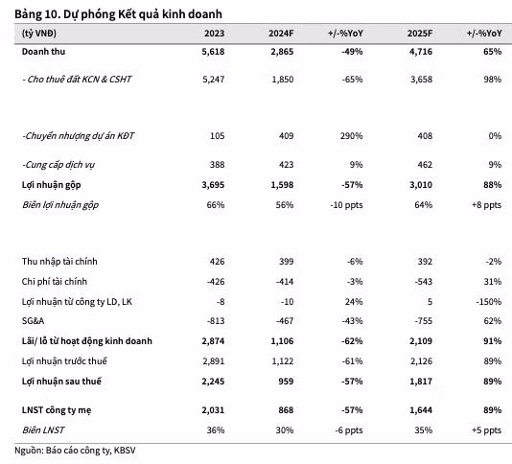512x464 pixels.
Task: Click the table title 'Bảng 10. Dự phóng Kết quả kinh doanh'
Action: pos(118,14)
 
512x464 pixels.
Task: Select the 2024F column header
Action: pos(281,34)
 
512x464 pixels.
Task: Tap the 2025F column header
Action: pos(420,34)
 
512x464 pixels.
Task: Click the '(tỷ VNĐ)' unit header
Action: pos(39,34)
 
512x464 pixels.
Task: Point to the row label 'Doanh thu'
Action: pos(43,52)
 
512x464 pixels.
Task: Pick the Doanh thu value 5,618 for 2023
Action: pos(213,52)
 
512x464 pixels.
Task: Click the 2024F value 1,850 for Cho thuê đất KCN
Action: pos(283,80)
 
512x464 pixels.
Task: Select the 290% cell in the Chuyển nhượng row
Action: pos(351,136)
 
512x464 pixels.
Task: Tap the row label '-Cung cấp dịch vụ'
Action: pos(58,165)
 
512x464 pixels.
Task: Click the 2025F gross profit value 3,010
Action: pos(421,185)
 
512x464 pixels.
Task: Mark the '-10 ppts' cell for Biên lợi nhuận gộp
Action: pos(346,205)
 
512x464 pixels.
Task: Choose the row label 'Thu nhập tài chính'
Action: pos(59,261)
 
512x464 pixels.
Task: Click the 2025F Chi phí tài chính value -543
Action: pos(424,282)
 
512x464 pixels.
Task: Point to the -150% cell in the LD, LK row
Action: pos(489,301)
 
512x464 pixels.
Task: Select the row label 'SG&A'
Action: pos(33,321)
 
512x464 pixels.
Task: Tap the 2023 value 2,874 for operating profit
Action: pos(213,341)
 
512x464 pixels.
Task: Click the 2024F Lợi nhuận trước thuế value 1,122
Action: pos(283,361)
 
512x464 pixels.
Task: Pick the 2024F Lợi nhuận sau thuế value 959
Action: pos(286,382)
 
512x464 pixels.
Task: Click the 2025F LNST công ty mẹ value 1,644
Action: pos(421,410)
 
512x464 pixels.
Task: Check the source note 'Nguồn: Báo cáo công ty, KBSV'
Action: pos(75,451)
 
